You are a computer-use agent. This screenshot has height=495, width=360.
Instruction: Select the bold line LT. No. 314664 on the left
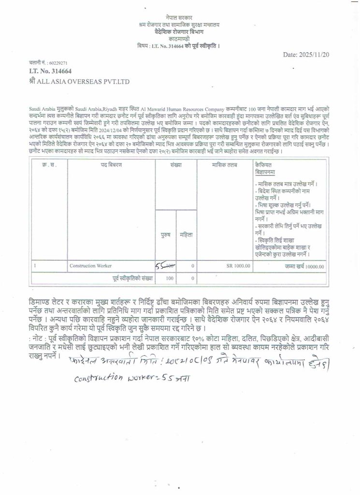[51, 72]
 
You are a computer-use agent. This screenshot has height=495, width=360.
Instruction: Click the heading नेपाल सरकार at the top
[178, 17]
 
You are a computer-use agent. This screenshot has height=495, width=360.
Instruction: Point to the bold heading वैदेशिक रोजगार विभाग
[178, 31]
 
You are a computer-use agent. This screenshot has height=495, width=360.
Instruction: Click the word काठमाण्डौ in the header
[178, 38]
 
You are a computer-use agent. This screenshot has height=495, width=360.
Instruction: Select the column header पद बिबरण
[111, 165]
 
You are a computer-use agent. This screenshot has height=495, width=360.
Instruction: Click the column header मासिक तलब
[224, 165]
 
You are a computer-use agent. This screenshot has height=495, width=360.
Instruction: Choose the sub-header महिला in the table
[186, 235]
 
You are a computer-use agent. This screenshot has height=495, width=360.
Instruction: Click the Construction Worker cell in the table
[91, 266]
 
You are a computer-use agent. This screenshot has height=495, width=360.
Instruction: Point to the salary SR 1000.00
[239, 266]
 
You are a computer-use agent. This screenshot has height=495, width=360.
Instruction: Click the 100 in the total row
[169, 278]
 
